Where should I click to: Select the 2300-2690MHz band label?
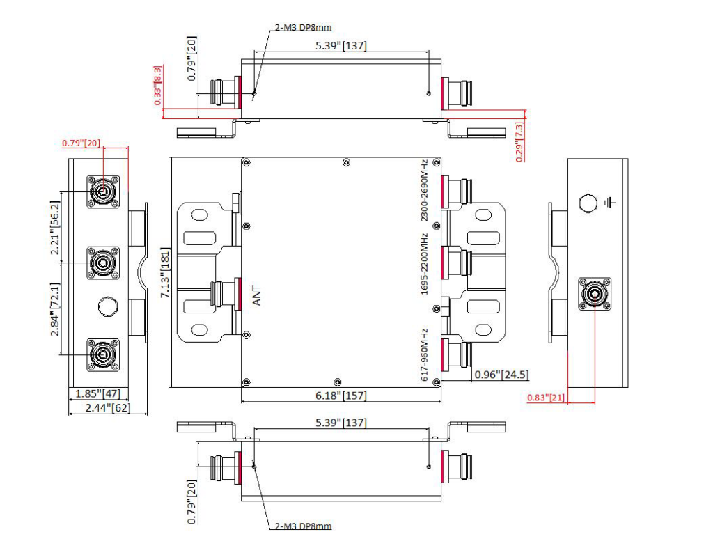(x=424, y=190)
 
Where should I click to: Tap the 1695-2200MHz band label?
(x=424, y=265)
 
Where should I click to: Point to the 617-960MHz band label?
(x=424, y=352)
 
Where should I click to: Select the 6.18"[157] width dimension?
(x=340, y=396)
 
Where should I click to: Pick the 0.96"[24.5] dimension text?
(x=501, y=375)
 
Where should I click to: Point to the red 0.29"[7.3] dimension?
(x=519, y=142)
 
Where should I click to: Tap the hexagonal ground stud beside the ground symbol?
(x=588, y=203)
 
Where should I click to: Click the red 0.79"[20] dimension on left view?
(x=81, y=143)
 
